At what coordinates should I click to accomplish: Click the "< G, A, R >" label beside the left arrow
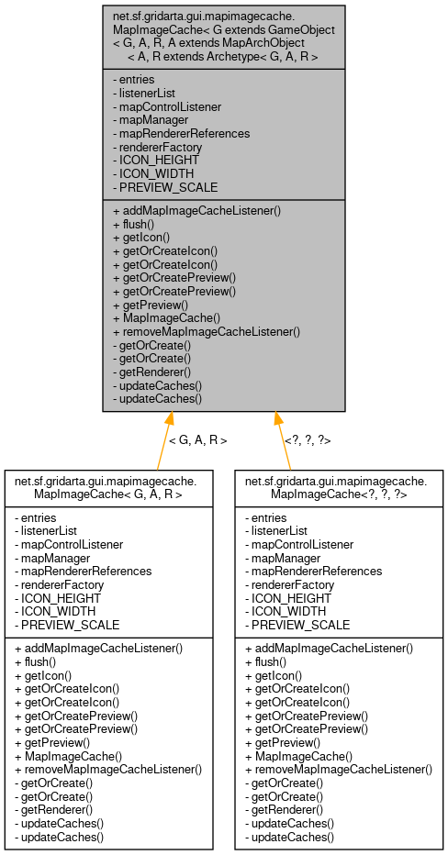click(197, 440)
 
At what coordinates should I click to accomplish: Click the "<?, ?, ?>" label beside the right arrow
click(308, 440)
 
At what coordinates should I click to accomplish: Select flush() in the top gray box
click(133, 223)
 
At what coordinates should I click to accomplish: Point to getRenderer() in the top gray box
click(151, 372)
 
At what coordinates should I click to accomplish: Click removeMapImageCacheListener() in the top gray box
click(207, 332)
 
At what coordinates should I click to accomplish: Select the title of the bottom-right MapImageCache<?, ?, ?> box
click(336, 487)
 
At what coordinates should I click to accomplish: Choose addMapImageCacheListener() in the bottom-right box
click(329, 648)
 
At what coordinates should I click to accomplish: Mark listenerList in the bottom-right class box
click(279, 531)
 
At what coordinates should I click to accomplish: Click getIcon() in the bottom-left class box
click(44, 674)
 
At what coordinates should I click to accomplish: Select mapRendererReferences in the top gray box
click(180, 133)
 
